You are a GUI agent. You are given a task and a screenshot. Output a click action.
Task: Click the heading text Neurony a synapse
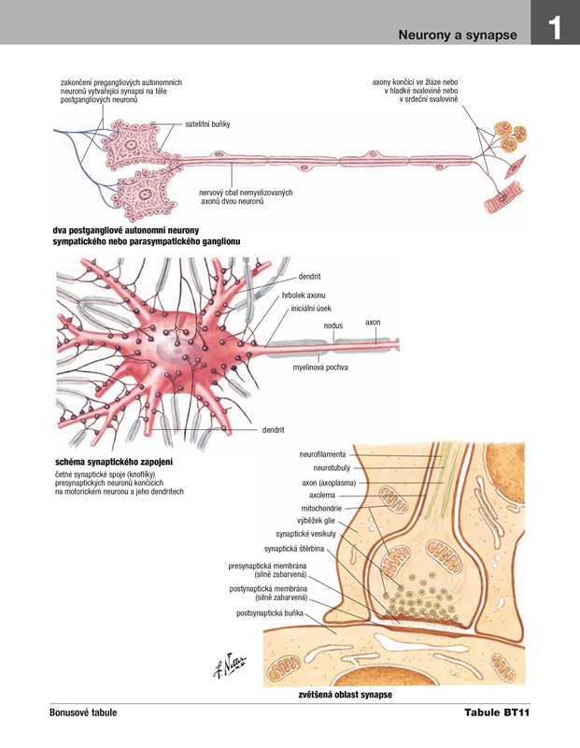tap(458, 35)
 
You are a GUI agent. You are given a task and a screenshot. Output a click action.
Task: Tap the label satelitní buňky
tap(207, 123)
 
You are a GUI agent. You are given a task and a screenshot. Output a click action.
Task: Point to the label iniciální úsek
tap(311, 308)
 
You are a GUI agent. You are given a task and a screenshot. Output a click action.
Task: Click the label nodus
tap(333, 325)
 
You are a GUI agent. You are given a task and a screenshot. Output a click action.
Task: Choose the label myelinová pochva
tap(320, 367)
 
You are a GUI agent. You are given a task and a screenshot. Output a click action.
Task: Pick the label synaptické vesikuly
tap(306, 533)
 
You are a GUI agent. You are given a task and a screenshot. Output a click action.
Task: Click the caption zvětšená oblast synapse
tap(345, 696)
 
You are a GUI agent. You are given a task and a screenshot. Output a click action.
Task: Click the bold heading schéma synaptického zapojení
tap(113, 462)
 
